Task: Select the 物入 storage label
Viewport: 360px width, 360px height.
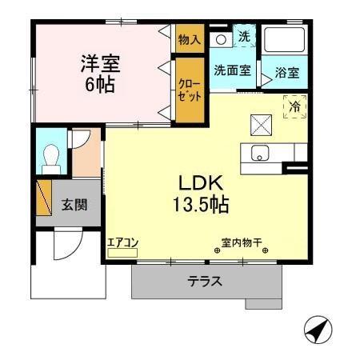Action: click(x=190, y=39)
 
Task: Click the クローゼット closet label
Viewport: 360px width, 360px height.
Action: click(x=190, y=89)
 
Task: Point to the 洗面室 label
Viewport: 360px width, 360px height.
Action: click(x=232, y=70)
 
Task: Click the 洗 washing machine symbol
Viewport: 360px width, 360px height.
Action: click(x=244, y=36)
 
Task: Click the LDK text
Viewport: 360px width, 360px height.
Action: click(x=199, y=181)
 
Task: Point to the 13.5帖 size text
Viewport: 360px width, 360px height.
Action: click(x=200, y=204)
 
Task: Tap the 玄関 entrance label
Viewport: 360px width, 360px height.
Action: click(x=74, y=204)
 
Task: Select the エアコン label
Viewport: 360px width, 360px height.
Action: click(x=123, y=242)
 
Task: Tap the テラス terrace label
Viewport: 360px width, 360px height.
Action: click(x=205, y=282)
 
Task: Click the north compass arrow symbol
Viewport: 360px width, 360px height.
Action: click(x=318, y=328)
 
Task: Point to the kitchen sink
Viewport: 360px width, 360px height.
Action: click(x=261, y=153)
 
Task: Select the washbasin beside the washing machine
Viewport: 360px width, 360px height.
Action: click(x=220, y=38)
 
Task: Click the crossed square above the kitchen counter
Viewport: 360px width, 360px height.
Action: click(x=262, y=123)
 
